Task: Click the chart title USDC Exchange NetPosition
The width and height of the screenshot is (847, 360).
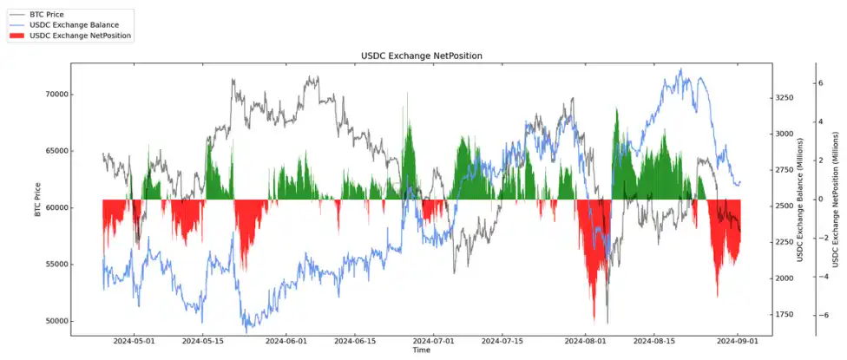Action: (x=421, y=56)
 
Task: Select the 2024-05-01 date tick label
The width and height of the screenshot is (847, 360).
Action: (x=134, y=342)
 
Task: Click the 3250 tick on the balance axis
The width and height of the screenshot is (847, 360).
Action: (x=784, y=98)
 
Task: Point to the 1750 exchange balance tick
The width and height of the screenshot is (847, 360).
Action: (x=784, y=315)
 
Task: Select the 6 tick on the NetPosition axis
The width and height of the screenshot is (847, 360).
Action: (x=820, y=83)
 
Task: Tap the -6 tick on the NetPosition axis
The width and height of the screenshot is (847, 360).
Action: (x=818, y=315)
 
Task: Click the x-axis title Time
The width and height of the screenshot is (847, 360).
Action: (x=421, y=350)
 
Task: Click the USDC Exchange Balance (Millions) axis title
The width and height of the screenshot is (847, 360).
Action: (x=800, y=200)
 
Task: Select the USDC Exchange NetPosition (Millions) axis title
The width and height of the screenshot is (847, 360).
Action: (x=836, y=200)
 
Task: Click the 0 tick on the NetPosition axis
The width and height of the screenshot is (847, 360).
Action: (x=820, y=200)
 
